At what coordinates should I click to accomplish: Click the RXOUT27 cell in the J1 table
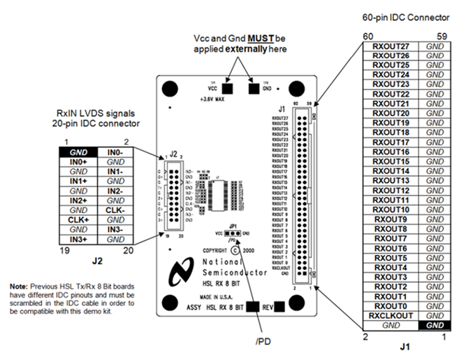(x=390, y=46)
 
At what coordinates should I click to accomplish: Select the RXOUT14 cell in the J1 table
(x=390, y=171)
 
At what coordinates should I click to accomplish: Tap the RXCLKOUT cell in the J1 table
(x=390, y=315)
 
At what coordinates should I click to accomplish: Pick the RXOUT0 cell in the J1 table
(x=390, y=305)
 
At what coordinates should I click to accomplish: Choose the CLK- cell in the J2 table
(x=115, y=211)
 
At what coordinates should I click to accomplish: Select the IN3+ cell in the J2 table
(x=79, y=238)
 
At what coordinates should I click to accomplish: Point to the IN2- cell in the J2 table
(x=115, y=191)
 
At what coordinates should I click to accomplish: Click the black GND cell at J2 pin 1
(x=79, y=152)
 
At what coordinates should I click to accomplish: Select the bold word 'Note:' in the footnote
(x=20, y=287)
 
